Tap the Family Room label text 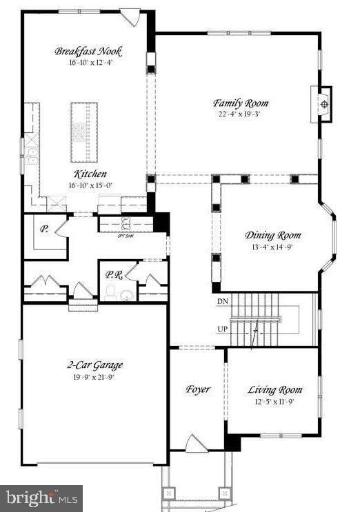tap(240, 104)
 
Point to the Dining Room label tap(273, 235)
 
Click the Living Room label tap(274, 391)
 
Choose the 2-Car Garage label tap(96, 365)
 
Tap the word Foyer tap(198, 389)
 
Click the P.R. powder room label tap(114, 274)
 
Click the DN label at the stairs tap(222, 302)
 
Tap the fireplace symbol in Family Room tap(324, 105)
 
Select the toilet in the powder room tap(111, 294)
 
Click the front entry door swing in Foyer tap(195, 444)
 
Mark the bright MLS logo tap(41, 498)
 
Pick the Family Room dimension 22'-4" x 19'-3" tap(240, 115)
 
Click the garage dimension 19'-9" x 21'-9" tap(96, 376)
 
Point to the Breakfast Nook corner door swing tap(130, 17)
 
